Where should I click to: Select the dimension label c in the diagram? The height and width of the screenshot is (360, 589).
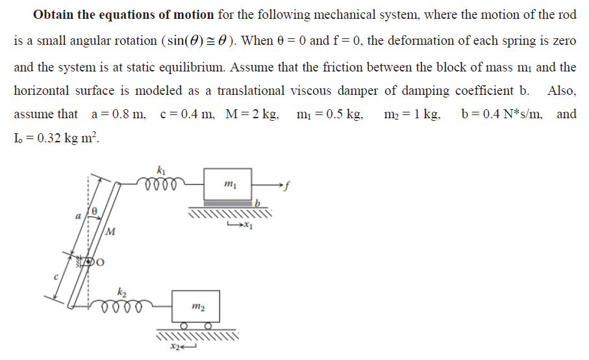tap(56, 277)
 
